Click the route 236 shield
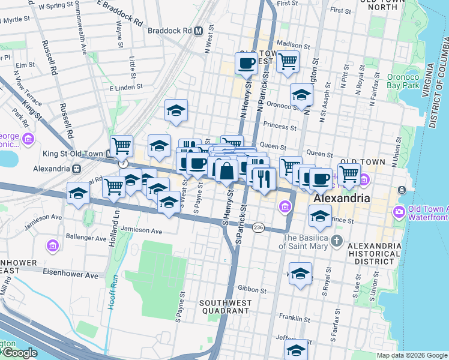[258, 227]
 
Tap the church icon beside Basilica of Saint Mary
[337, 241]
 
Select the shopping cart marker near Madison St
[288, 61]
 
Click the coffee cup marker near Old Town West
[246, 64]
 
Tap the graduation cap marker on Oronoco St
[301, 95]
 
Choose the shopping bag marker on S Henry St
[226, 170]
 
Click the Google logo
[19, 353]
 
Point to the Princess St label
[281, 127]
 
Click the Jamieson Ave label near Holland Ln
[141, 230]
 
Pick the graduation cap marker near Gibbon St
[300, 272]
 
